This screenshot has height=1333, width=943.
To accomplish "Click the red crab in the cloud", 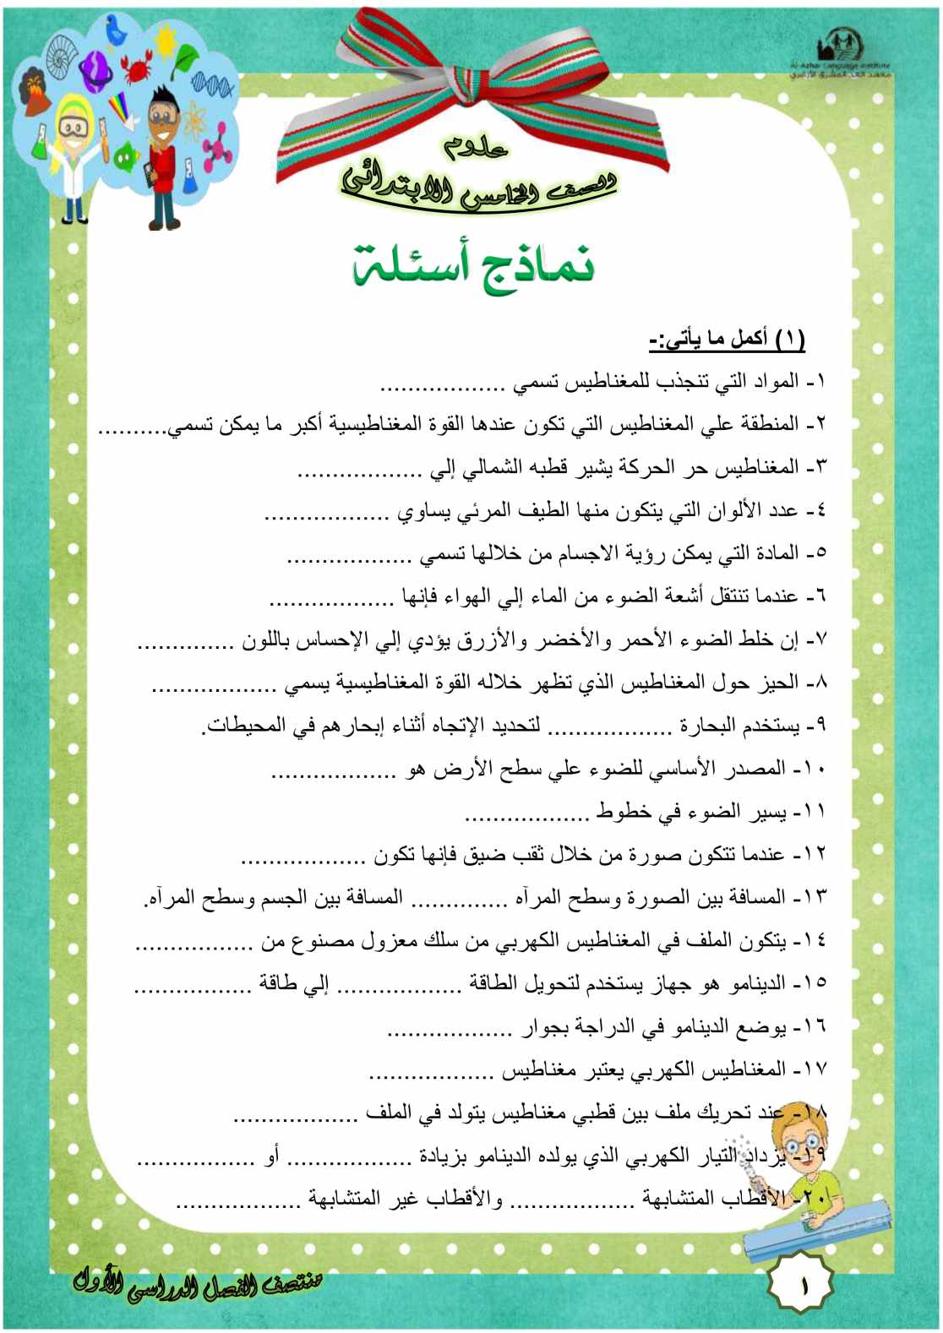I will (x=135, y=65).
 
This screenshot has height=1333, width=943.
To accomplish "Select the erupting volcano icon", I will (x=36, y=90).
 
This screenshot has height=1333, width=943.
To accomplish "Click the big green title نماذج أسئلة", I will (x=473, y=264).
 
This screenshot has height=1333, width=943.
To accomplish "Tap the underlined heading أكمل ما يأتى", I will (x=727, y=340).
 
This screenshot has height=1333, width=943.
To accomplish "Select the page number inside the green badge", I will (x=801, y=1286).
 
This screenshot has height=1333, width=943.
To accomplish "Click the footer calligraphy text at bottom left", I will (x=199, y=1285).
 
